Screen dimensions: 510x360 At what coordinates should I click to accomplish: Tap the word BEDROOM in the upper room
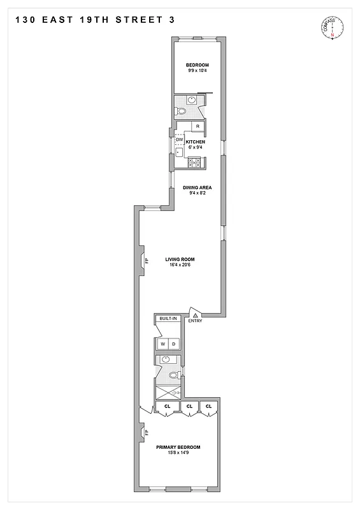[x=198, y=65]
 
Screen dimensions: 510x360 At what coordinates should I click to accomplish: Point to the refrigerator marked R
[x=198, y=126]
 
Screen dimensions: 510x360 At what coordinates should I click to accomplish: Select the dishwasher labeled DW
[x=179, y=140]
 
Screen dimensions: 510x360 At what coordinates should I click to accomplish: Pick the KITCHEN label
[x=195, y=142]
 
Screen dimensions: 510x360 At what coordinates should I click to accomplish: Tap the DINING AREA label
[x=197, y=187]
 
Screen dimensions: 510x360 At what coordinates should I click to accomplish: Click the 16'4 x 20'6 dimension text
[x=180, y=265]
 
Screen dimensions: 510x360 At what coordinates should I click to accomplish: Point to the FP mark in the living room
[x=146, y=261]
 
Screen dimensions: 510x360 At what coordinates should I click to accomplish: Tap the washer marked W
[x=162, y=344]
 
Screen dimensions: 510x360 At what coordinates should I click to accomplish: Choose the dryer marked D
[x=174, y=344]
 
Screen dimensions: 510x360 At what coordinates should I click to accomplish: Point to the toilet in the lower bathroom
[x=173, y=375]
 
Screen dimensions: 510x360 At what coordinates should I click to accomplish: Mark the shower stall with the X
[x=167, y=393]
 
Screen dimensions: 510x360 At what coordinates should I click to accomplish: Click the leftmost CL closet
[x=168, y=406]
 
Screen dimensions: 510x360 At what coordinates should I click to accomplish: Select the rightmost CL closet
[x=208, y=406]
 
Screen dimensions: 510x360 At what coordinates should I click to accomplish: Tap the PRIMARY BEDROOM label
[x=178, y=447]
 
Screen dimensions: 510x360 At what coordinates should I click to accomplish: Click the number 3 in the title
[x=171, y=20]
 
